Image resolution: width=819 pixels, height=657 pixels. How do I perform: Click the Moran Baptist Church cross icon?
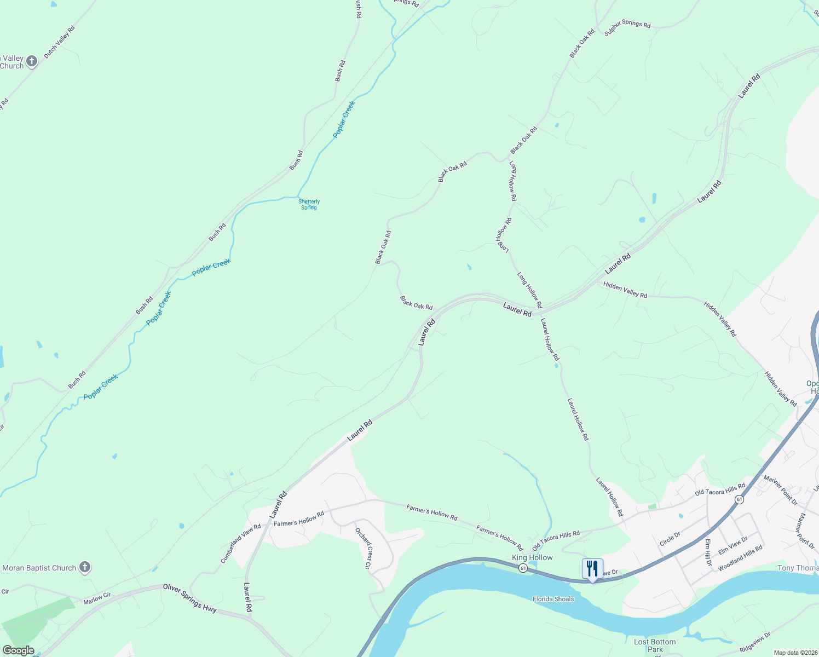(85, 567)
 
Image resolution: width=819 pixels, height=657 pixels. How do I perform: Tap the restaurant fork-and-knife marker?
(592, 569)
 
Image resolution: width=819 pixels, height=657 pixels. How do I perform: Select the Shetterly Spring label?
(309, 205)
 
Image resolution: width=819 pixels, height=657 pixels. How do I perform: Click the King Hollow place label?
(532, 557)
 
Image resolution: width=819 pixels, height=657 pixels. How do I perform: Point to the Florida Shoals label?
(553, 599)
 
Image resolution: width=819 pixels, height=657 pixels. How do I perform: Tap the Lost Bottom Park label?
(655, 645)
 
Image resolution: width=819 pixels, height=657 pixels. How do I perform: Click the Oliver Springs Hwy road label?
(189, 598)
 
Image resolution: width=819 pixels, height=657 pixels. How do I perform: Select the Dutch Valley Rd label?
(59, 42)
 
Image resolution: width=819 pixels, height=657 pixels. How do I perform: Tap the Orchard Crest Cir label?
(364, 548)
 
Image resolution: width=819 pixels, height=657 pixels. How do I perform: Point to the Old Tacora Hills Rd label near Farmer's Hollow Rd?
(556, 540)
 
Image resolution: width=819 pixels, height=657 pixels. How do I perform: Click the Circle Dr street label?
(670, 539)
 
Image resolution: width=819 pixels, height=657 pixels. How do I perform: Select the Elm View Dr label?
(733, 546)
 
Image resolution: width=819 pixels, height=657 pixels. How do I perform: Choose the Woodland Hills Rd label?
(740, 558)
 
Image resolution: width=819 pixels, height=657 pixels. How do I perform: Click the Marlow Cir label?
(97, 598)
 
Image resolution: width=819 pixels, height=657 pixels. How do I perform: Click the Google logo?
(18, 650)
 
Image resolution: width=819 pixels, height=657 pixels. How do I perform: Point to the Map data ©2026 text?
(795, 653)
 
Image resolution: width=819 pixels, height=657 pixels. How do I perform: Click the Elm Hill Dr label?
(708, 552)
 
